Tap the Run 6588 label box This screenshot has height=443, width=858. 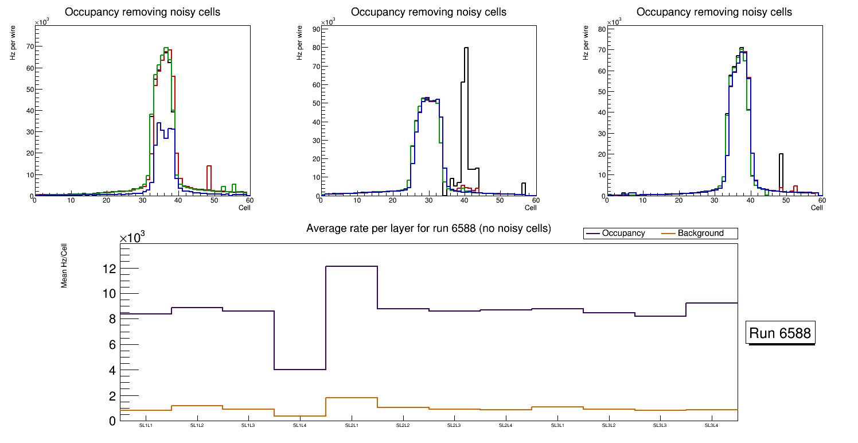[781, 333]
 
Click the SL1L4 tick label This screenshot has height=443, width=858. [300, 426]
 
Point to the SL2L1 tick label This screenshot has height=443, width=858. [352, 426]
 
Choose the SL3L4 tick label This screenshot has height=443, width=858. [712, 426]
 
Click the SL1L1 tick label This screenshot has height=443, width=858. [146, 426]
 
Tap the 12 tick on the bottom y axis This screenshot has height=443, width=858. [109, 269]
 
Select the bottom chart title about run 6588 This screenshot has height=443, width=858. [428, 228]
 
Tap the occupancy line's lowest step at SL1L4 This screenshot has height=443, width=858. [300, 369]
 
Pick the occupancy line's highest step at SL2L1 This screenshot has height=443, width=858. [352, 266]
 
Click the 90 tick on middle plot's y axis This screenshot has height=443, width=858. [315, 29]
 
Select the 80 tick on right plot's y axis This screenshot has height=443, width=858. [601, 29]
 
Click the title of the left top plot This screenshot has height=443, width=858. [142, 12]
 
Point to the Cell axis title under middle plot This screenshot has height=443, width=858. [530, 208]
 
